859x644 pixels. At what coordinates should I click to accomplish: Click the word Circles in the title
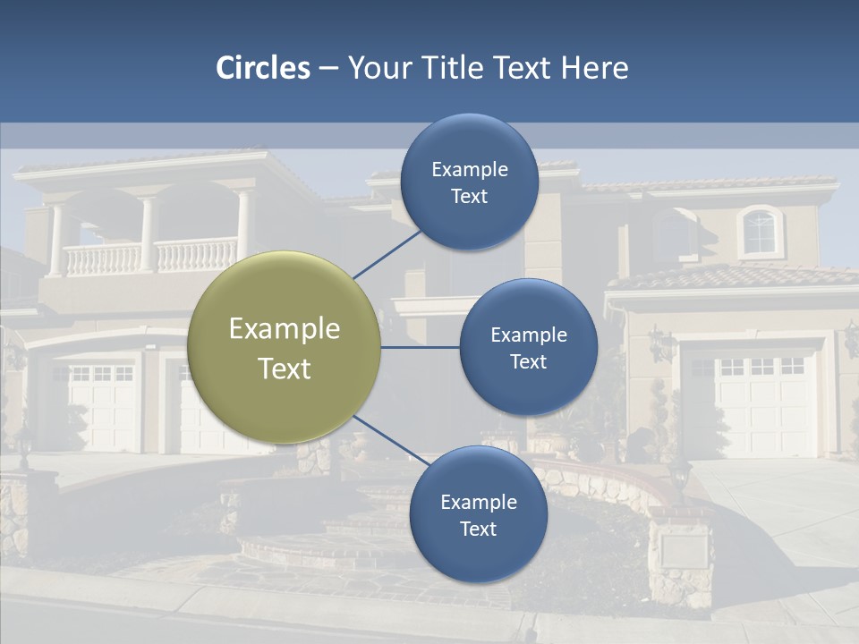tap(263, 68)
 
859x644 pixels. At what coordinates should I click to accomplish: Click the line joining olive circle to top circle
tap(387, 254)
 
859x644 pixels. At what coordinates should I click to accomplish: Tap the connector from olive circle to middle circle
tap(420, 347)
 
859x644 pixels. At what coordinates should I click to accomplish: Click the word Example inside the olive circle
tap(285, 329)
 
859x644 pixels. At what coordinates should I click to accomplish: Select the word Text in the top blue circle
tap(469, 196)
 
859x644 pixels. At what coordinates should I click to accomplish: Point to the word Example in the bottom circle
tap(478, 502)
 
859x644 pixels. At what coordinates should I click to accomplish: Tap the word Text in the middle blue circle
tap(528, 361)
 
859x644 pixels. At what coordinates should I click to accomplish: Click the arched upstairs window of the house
tap(760, 231)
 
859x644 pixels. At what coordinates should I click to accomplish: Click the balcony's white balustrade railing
tap(152, 256)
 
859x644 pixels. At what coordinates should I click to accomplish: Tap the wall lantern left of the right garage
tap(660, 343)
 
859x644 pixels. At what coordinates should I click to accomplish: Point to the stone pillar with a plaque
tap(682, 555)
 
